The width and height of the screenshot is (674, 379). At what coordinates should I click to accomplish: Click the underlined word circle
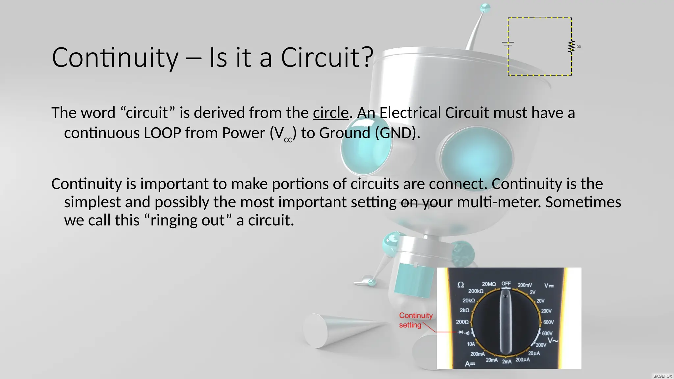[x=330, y=113]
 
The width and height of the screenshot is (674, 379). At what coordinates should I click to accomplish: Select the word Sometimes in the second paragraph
[x=583, y=202]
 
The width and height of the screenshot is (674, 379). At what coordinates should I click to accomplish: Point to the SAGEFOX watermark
[x=662, y=376]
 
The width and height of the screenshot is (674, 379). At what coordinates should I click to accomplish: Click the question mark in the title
[x=368, y=57]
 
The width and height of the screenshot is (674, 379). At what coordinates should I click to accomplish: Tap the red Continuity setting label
[x=415, y=320]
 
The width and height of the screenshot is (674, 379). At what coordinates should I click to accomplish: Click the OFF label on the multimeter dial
[x=506, y=283]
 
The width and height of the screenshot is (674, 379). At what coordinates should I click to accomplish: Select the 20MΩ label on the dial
[x=489, y=284]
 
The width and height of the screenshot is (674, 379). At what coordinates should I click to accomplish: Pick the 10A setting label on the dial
[x=471, y=344]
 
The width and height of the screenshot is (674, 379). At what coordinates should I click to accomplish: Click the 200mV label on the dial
[x=525, y=285]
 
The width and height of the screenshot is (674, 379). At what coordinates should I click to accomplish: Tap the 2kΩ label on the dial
[x=464, y=310]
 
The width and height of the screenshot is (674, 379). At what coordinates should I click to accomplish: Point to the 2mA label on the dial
[x=507, y=362]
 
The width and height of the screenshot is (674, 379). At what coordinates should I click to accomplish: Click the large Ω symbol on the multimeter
[x=461, y=285]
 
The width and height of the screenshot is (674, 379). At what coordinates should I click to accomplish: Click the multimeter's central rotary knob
[x=506, y=322]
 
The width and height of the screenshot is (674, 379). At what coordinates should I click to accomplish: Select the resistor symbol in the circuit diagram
[x=571, y=47]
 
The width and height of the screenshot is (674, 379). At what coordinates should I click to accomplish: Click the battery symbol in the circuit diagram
[x=508, y=43]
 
